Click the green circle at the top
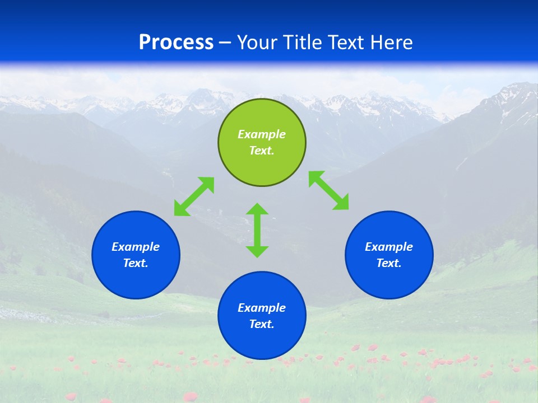tap(262, 142)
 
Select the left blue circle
tap(136, 255)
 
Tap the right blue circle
tap(389, 255)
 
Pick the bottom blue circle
tap(262, 316)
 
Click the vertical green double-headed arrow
tap(257, 230)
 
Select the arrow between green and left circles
tap(194, 196)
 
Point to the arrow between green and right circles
tap(328, 191)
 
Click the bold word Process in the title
tap(176, 43)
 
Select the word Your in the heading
tap(257, 43)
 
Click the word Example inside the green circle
tap(262, 134)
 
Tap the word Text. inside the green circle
tap(262, 151)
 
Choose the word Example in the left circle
tap(136, 247)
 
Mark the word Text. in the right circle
tap(389, 263)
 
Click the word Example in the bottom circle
tap(262, 308)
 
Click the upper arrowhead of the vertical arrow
tap(257, 210)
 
